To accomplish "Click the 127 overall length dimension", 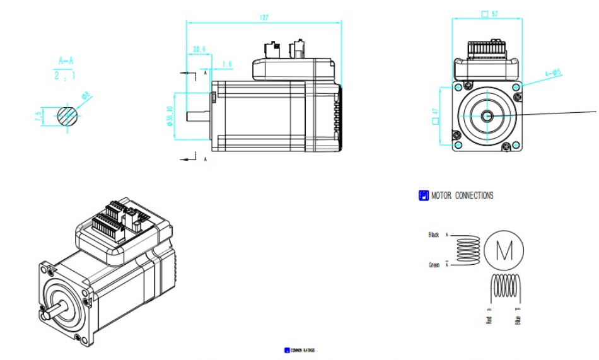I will tap(264, 18).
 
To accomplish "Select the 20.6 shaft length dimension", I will tap(199, 49).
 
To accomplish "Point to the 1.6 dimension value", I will tap(227, 64).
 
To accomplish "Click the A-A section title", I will tap(66, 61).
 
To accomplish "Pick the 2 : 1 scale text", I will tap(66, 76).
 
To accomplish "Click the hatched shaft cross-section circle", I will tap(68, 115).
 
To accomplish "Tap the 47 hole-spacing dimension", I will tap(434, 115).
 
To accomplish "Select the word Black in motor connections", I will tap(434, 235).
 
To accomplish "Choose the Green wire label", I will tap(433, 265).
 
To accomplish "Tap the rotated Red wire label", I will tap(489, 320).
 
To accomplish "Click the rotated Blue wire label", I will tap(518, 320).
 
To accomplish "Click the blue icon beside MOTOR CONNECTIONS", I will tap(424, 195).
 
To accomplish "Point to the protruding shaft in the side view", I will tap(199, 116).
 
